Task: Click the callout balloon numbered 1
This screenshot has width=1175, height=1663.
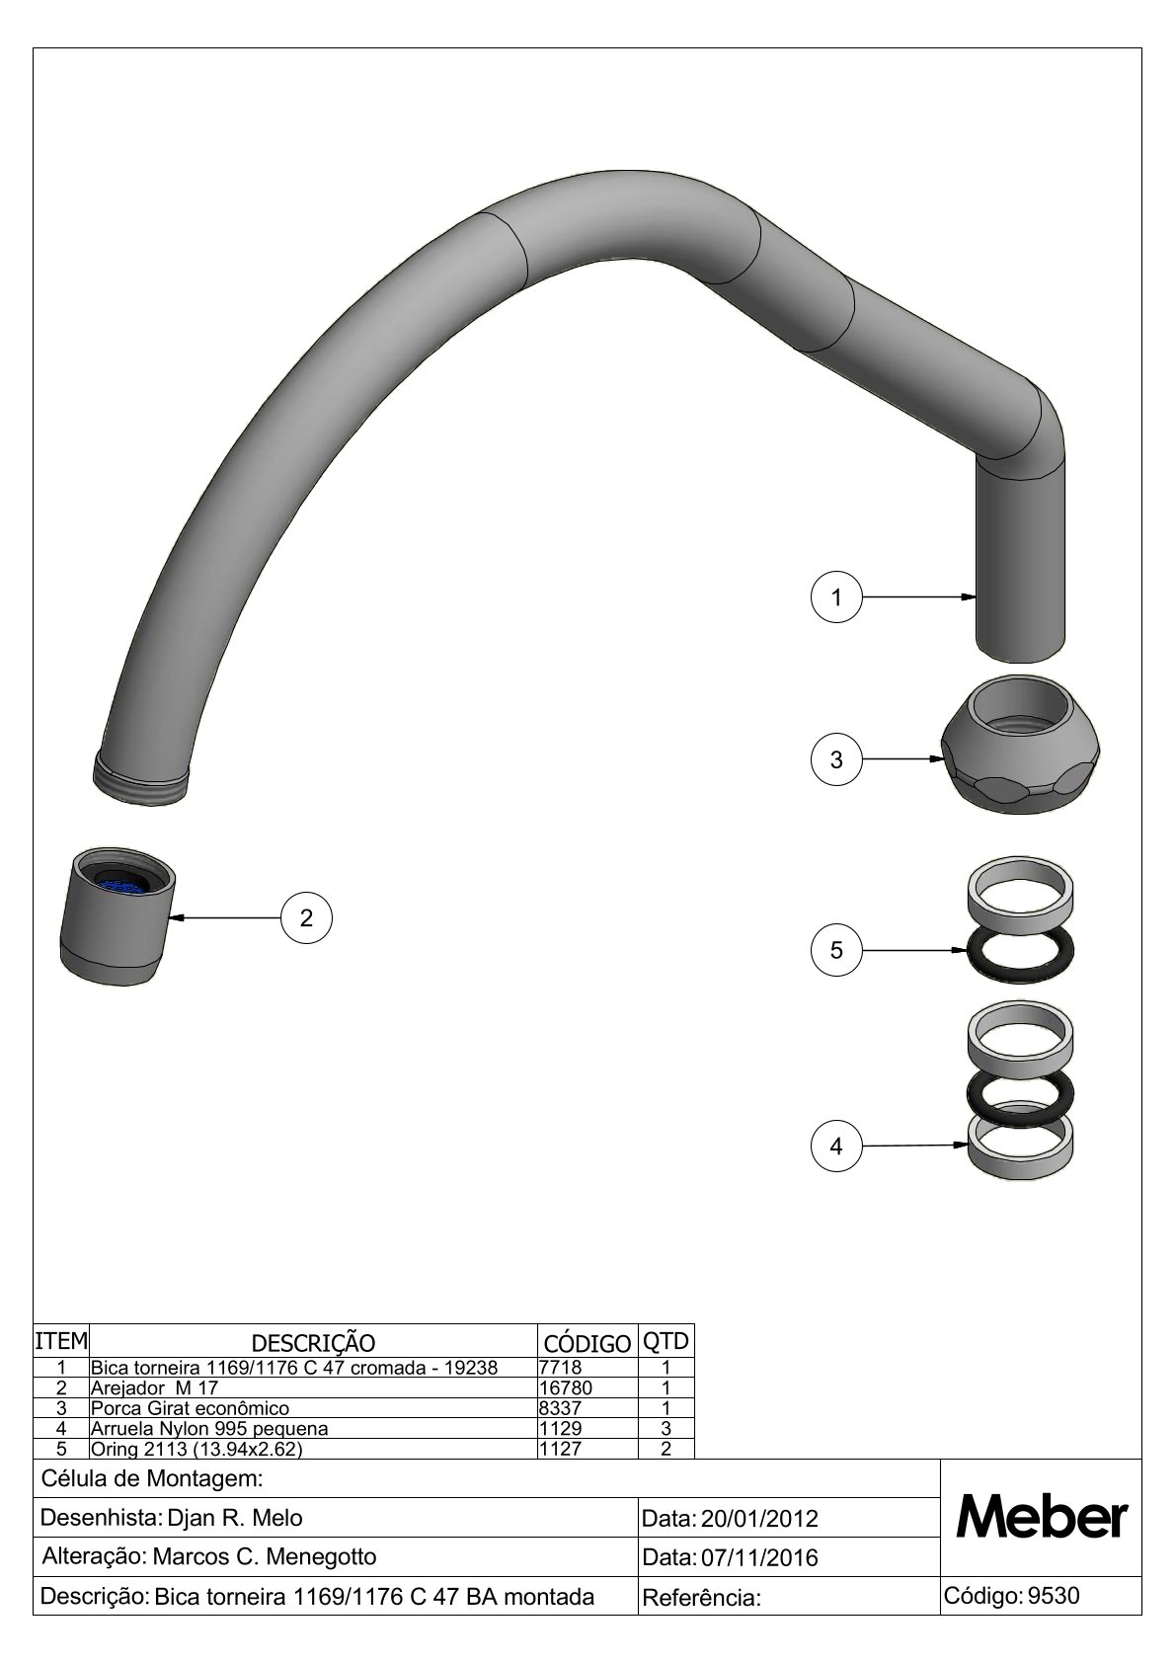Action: pos(836,596)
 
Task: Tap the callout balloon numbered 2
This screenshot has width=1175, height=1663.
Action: pos(306,918)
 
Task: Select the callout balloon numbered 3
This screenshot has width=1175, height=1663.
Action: pos(836,759)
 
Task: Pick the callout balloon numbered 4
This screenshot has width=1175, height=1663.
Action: pos(836,1147)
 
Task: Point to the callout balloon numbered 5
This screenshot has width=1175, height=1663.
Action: pos(836,950)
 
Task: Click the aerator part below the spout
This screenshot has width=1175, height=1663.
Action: pos(117,917)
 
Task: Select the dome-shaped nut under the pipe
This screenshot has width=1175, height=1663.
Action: pos(1021,745)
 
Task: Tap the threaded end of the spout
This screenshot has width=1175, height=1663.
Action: pos(141,776)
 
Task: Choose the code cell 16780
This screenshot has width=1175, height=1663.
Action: pos(566,1387)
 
